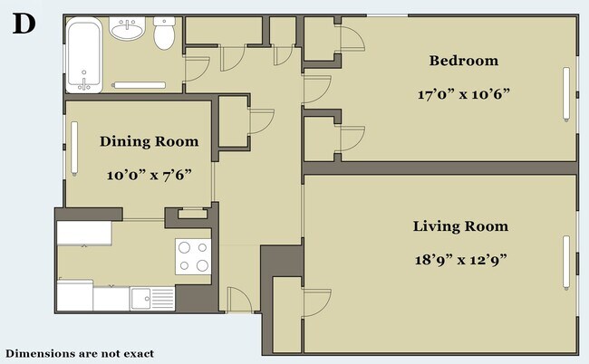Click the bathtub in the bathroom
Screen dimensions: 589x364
pos(84,55)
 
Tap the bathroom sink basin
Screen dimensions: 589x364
pos(127,28)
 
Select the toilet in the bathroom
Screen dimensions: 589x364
pos(164,33)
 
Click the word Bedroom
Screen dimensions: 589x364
pos(464,61)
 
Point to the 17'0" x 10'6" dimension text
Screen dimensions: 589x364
pos(464,94)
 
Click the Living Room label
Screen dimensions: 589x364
pos(460,226)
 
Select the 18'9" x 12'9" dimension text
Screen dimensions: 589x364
pos(461,259)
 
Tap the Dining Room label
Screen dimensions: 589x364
pos(150,141)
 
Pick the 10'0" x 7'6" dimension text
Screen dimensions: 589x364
pos(150,175)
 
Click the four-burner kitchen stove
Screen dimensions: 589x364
pos(193,256)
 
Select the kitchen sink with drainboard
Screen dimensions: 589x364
pos(152,298)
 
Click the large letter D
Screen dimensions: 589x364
pos(24,24)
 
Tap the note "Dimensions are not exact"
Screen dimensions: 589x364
pos(80,353)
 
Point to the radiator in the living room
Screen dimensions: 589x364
pos(566,263)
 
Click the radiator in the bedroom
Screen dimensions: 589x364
pos(566,94)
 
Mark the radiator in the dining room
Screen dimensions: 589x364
pos(74,148)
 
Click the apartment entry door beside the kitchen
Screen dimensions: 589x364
pos(239,300)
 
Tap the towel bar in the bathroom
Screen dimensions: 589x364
pos(139,85)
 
